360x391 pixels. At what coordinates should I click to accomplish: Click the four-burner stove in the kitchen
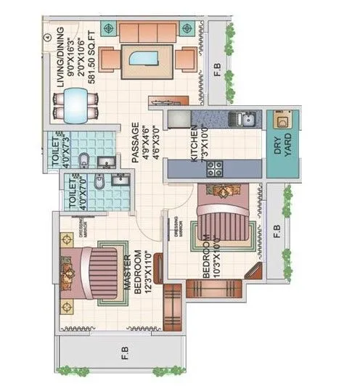216,168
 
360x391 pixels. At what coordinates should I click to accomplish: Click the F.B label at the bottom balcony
125,353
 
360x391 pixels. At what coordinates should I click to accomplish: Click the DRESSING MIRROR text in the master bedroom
83,230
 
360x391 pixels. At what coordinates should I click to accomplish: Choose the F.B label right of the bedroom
276,232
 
